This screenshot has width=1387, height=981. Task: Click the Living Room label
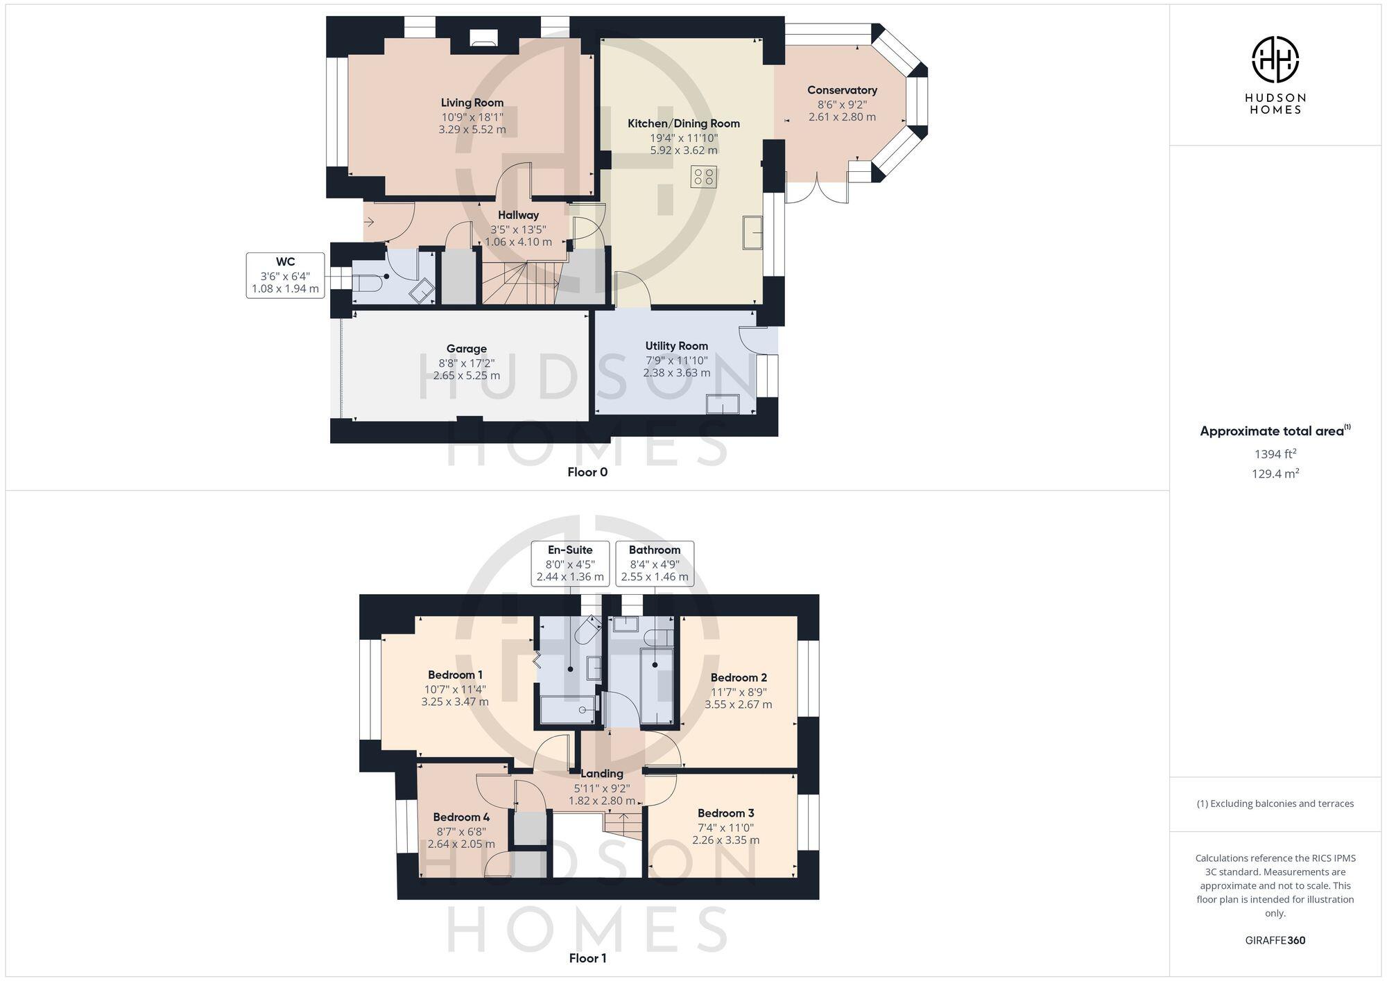click(x=472, y=103)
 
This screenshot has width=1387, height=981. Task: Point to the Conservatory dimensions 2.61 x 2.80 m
click(x=841, y=117)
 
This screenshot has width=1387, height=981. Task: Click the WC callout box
click(x=285, y=275)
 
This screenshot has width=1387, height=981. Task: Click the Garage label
click(x=466, y=349)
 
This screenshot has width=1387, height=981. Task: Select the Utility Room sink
click(x=722, y=404)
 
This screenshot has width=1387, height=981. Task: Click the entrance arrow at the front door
click(x=369, y=223)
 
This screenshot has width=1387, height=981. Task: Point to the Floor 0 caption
click(x=587, y=472)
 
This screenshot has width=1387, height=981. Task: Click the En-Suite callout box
click(x=569, y=563)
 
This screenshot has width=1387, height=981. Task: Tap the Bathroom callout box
click(x=654, y=563)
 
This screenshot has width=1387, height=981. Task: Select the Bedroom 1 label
click(x=455, y=675)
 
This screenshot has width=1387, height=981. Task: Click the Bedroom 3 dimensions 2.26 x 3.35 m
click(x=725, y=840)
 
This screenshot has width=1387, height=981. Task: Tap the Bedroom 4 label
click(x=461, y=817)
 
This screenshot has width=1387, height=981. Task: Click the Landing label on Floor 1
click(x=601, y=774)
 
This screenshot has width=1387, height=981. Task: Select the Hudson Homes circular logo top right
click(x=1275, y=60)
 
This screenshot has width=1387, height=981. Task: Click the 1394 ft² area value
click(x=1275, y=454)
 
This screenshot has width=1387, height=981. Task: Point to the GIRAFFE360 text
click(x=1275, y=940)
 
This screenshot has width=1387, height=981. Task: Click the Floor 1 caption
click(x=587, y=958)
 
